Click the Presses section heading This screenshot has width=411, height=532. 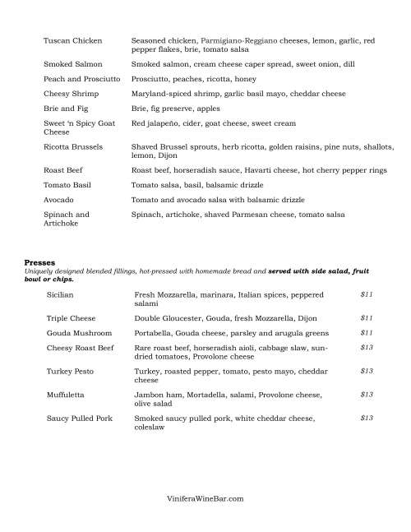coord(39,263)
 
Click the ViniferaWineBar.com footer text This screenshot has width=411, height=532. coord(205,498)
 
